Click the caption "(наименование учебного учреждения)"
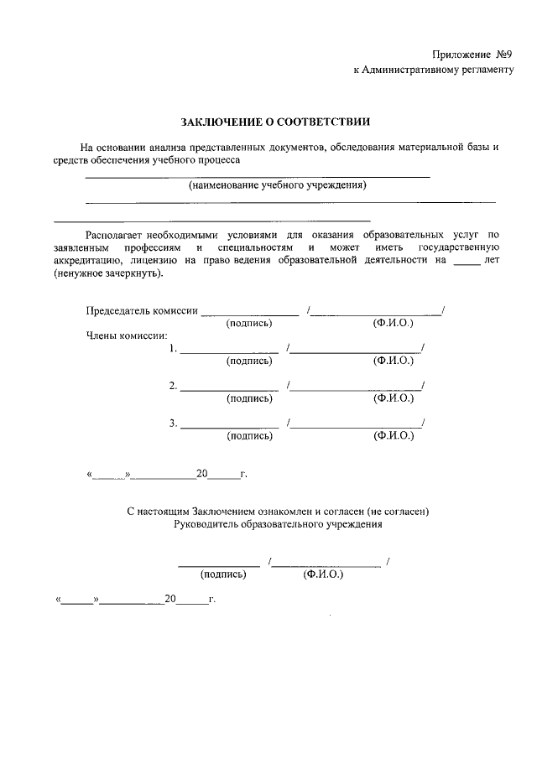click(278, 185)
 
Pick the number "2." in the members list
click(173, 386)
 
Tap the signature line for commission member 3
click(229, 425)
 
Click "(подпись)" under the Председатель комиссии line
click(249, 323)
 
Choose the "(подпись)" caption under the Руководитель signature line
click(223, 574)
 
